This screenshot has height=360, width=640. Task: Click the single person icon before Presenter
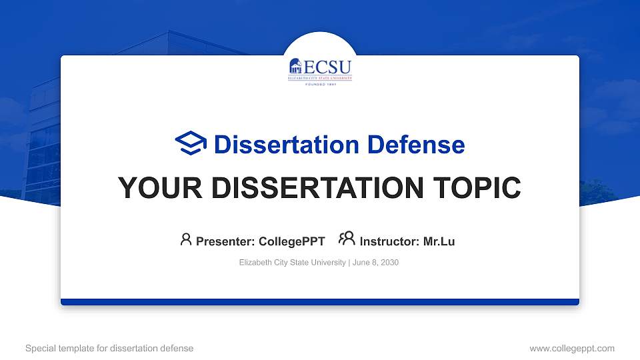tap(186, 239)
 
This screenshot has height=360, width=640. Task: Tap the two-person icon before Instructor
tap(347, 239)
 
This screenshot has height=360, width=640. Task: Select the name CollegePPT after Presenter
tap(291, 241)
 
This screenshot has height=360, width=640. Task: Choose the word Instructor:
tap(389, 241)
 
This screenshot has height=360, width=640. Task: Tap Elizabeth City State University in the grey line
tap(292, 263)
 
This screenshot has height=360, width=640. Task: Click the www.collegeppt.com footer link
tap(571, 348)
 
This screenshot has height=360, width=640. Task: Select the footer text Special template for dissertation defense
tap(109, 348)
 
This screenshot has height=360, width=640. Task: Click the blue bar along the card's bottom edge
tap(320, 302)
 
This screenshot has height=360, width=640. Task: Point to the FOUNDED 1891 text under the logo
tap(320, 85)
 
